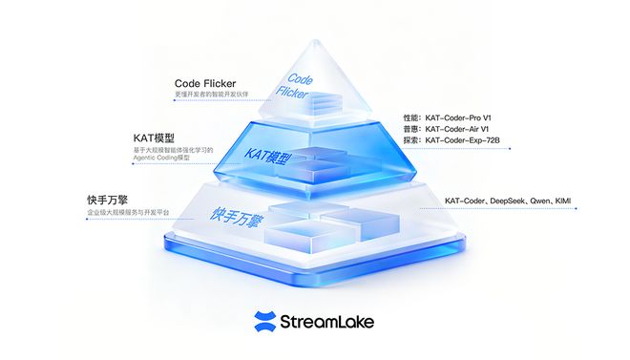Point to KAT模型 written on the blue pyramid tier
coord(267,156)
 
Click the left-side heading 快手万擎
coord(107,200)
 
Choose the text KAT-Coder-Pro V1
coord(457,116)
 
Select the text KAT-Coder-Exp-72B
coord(462,140)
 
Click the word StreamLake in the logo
coord(326,322)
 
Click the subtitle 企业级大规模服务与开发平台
coord(126,211)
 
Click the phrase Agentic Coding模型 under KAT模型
coord(161,158)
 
